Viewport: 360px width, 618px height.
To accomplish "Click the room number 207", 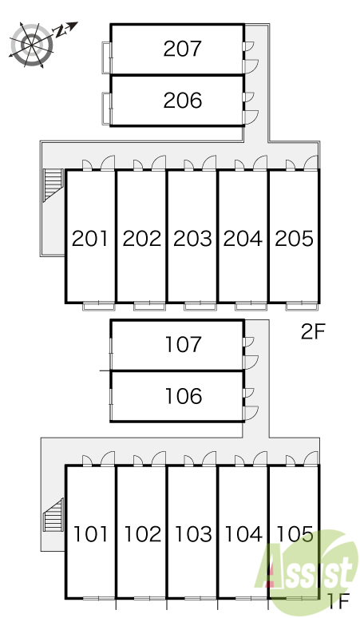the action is [182, 49].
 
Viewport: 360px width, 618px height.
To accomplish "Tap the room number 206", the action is [183, 100].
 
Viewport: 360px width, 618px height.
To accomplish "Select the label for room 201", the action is [90, 239].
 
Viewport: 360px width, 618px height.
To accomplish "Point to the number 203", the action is [192, 239].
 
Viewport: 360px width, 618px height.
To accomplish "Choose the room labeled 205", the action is [295, 239].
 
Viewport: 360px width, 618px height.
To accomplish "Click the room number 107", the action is [184, 344].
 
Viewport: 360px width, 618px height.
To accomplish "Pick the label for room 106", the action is [184, 396].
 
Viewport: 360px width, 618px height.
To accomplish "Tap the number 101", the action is [90, 534].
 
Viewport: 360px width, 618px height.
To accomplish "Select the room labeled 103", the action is [193, 534].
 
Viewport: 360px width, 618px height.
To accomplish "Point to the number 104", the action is [243, 534].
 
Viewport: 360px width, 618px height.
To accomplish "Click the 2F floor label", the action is [313, 332].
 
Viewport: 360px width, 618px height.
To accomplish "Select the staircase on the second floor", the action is [53, 185].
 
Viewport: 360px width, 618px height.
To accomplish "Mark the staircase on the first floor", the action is [53, 515].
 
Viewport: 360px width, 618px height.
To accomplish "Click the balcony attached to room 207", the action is [107, 57].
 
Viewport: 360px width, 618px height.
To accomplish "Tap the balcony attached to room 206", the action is [107, 109].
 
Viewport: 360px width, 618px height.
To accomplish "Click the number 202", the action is [142, 239].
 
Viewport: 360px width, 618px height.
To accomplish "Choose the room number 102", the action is [143, 534].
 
